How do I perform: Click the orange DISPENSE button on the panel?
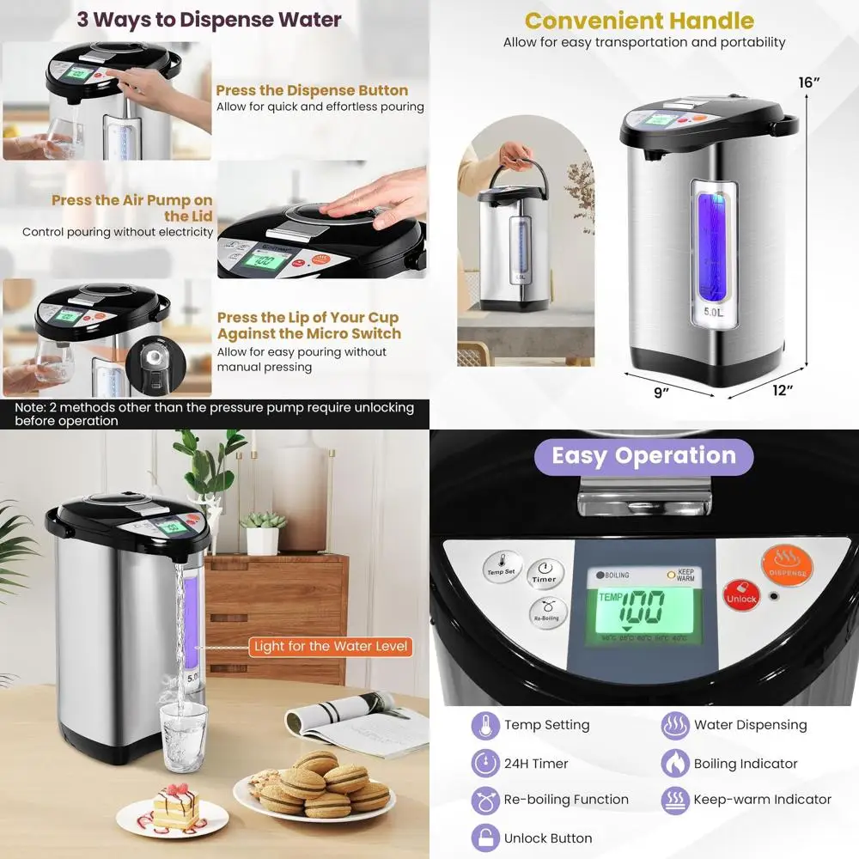click(787, 563)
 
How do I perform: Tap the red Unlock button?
click(740, 595)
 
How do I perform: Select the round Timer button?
click(544, 572)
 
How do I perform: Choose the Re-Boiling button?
click(546, 611)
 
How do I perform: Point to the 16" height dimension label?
click(809, 82)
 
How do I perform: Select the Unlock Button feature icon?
click(485, 838)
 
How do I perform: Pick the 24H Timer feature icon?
click(485, 763)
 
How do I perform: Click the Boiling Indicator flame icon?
click(675, 763)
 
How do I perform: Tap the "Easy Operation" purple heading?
click(643, 455)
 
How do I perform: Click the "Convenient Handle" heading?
click(639, 21)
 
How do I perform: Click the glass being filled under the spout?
click(184, 736)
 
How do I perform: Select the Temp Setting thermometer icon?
click(485, 725)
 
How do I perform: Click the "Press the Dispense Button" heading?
click(312, 90)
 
